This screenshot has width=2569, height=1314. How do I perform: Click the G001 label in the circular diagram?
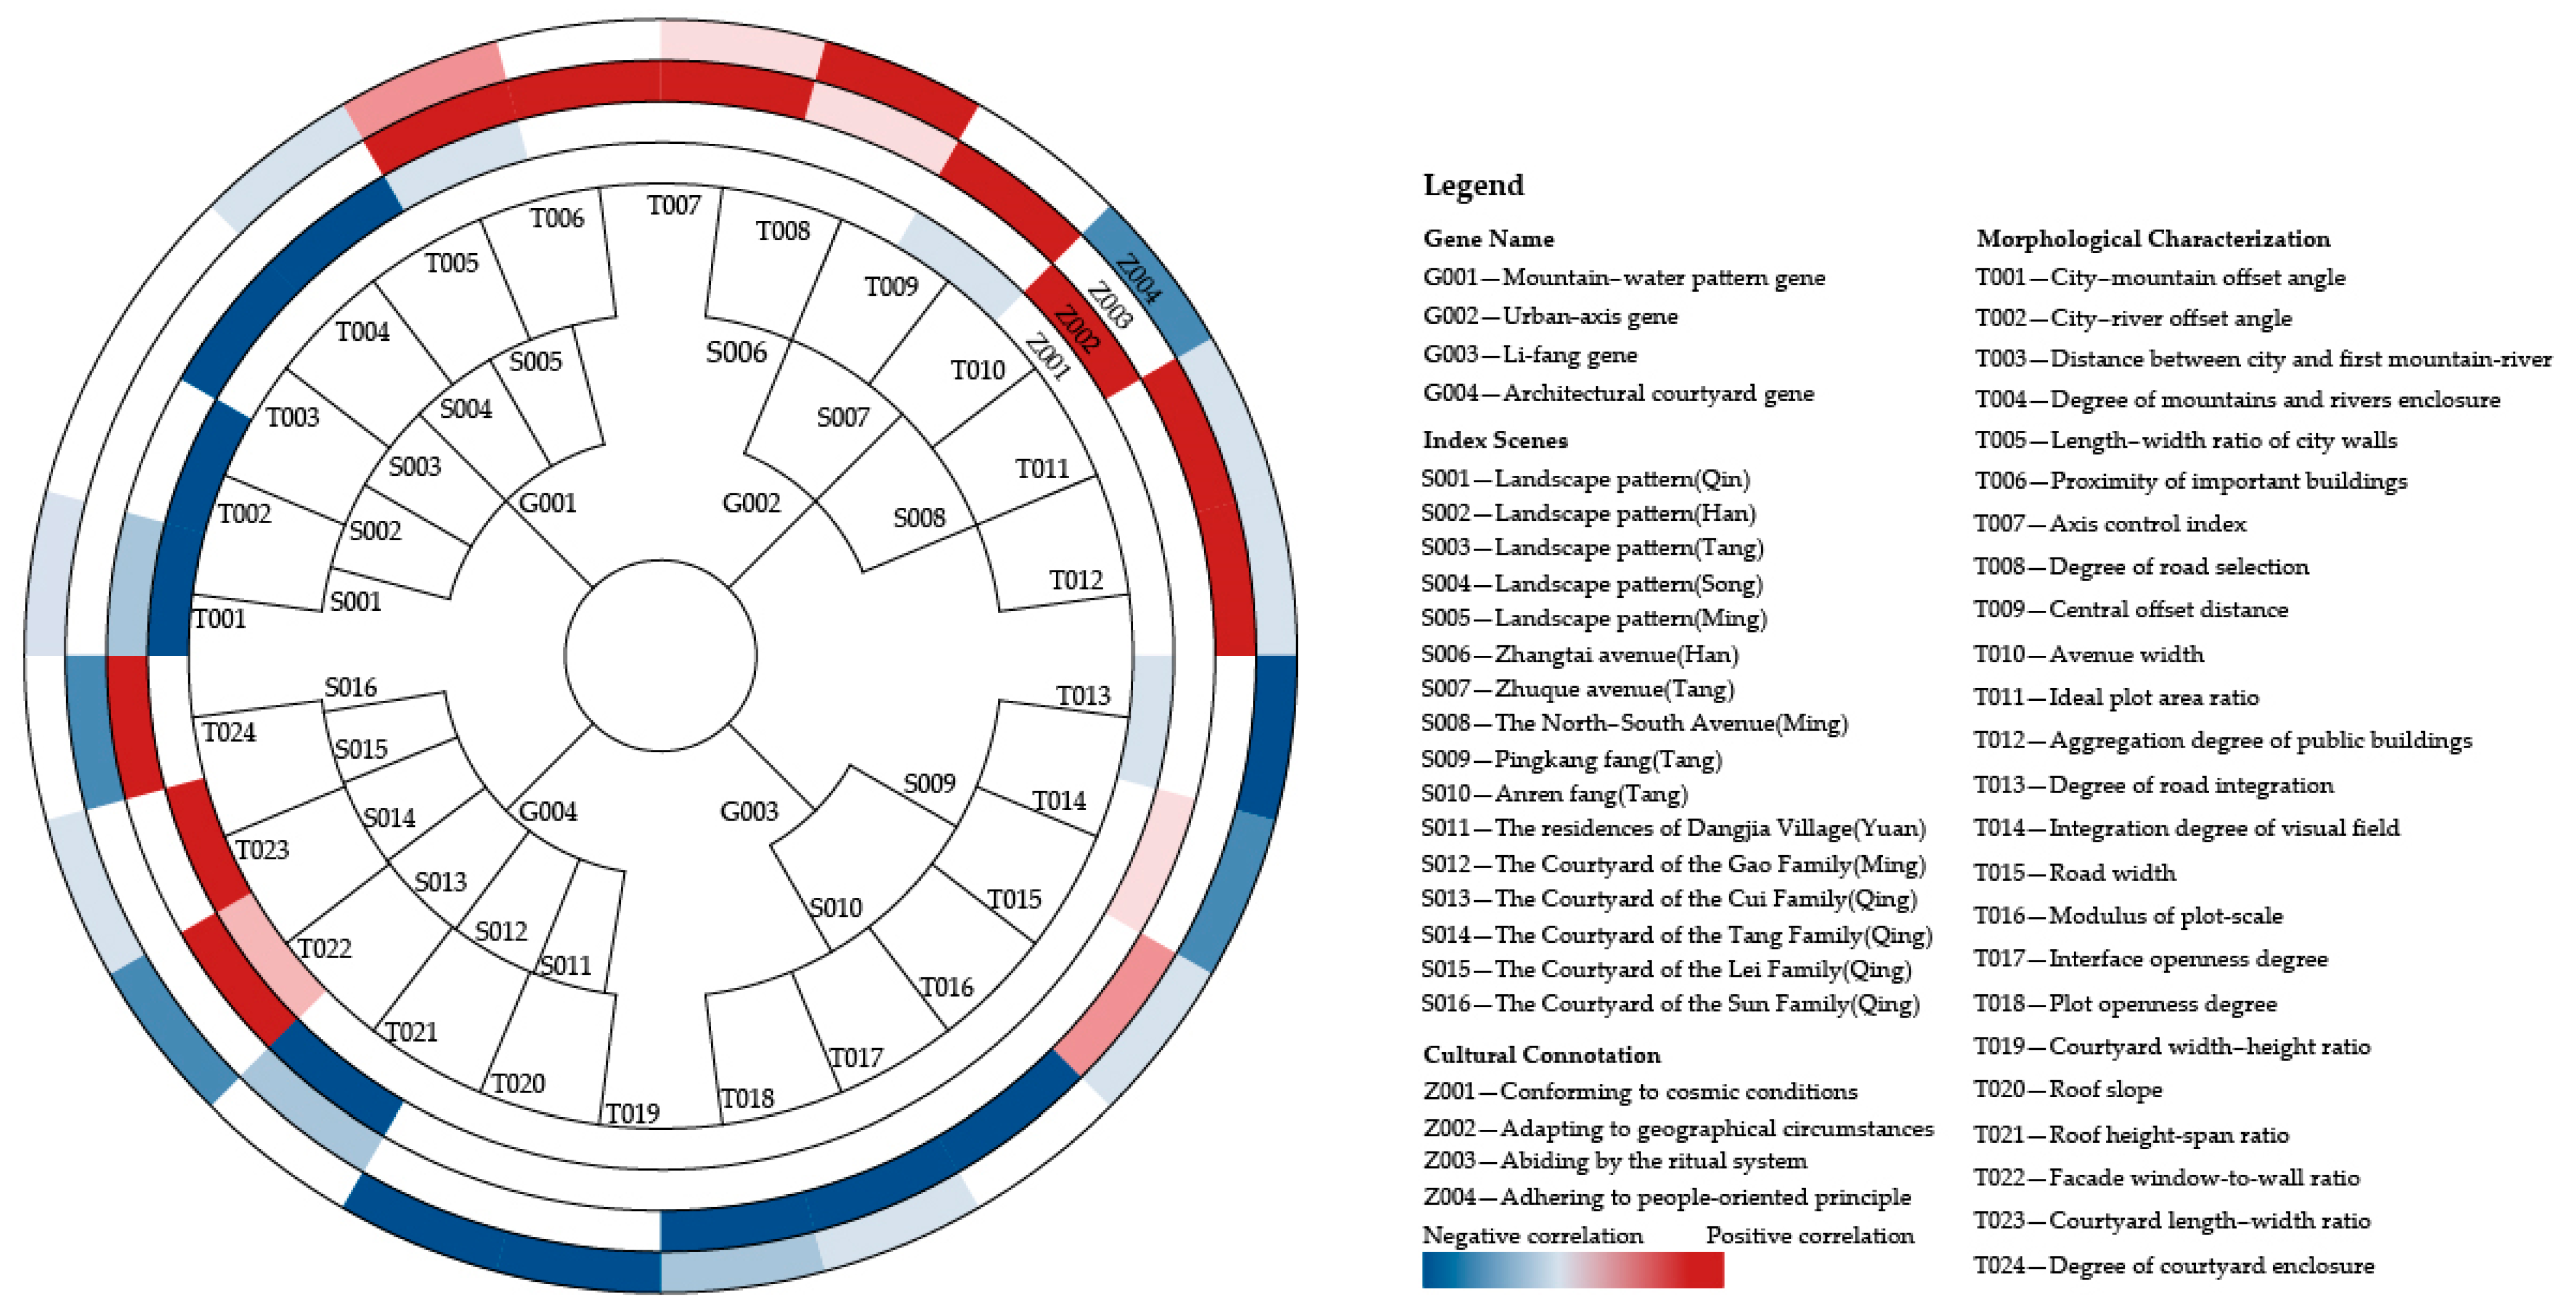pos(547,503)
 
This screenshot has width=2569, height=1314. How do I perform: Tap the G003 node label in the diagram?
pos(749,811)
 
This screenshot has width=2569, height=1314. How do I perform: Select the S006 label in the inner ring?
pos(736,352)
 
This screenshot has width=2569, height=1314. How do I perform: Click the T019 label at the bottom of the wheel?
pos(632,1112)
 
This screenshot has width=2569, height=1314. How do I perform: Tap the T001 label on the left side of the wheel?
pos(219,619)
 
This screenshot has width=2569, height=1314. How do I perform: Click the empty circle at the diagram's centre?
pos(660,655)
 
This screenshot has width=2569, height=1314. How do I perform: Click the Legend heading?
pos(1473,185)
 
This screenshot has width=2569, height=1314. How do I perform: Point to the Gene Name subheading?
pos(1488,239)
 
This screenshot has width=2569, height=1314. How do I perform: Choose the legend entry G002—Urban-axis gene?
pos(1550,316)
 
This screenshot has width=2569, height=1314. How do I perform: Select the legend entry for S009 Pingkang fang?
pos(1571,760)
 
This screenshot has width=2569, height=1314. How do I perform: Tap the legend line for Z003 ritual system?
pos(1615,1160)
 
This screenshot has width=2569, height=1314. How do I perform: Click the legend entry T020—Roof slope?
pos(2067,1090)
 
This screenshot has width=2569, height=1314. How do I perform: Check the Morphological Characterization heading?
pos(2152,239)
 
